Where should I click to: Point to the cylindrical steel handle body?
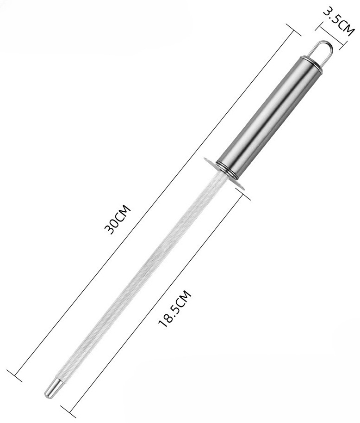click(270, 113)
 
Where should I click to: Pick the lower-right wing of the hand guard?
click(238, 184)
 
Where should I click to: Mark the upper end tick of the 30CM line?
click(293, 30)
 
